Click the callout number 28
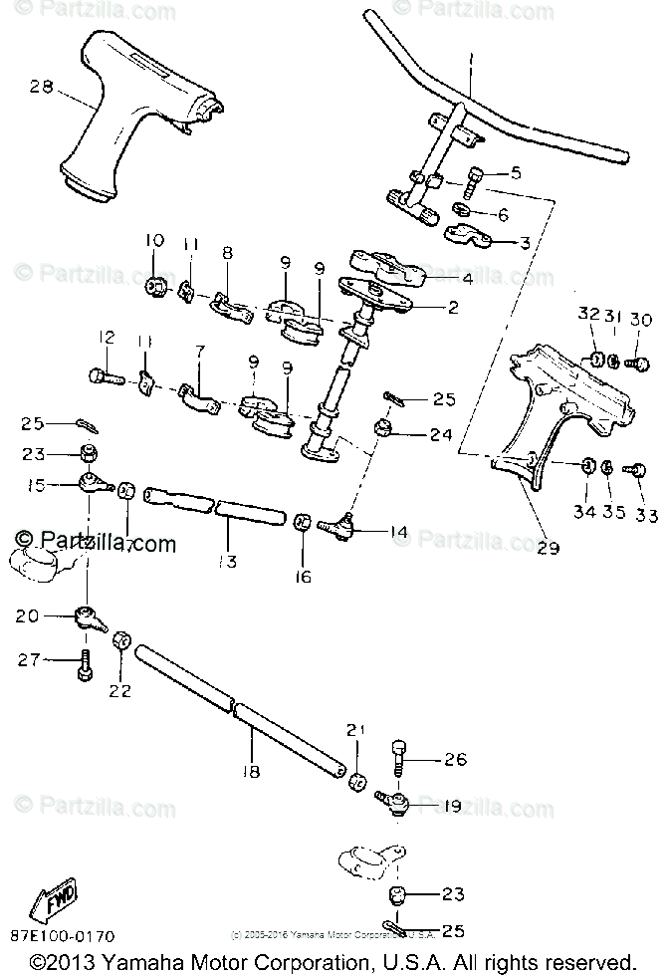[x=40, y=88]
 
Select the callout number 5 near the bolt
[x=515, y=172]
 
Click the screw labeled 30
[x=642, y=364]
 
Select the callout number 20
[x=27, y=616]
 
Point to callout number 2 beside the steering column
[x=452, y=308]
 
